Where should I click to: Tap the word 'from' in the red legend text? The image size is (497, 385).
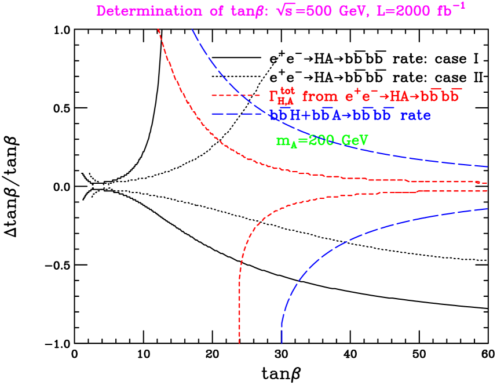point(321,96)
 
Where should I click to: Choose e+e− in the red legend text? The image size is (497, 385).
point(363,96)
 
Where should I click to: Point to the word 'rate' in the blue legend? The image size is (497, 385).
point(415,115)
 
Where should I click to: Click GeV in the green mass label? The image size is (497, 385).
point(355,140)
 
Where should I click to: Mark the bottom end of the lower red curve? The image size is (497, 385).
point(239,343)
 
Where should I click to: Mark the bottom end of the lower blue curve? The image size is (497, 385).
point(282,343)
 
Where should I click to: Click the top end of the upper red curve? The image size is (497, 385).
point(158,30)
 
